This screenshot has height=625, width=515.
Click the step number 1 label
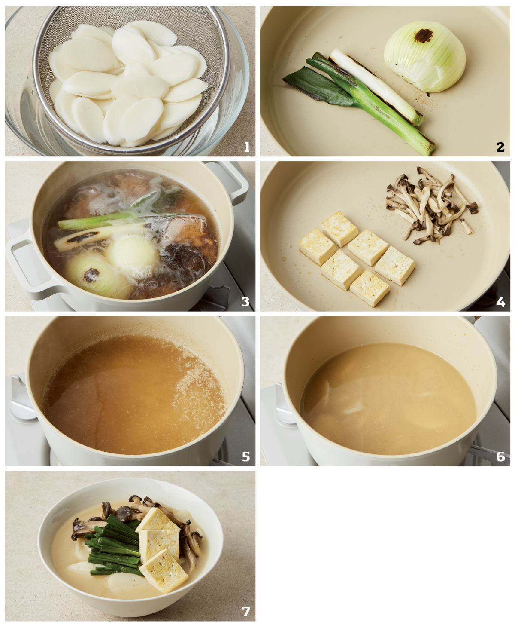point(247,147)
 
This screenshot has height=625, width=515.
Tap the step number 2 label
point(500,147)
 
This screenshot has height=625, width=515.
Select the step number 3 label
point(245,302)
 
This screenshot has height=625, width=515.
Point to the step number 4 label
point(501,302)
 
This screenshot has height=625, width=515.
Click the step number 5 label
point(245,456)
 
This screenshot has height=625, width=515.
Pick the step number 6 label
point(501,456)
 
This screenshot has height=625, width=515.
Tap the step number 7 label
point(245,611)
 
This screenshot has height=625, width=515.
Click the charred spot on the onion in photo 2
point(423,36)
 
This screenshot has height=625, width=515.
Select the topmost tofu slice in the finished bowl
point(158,520)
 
